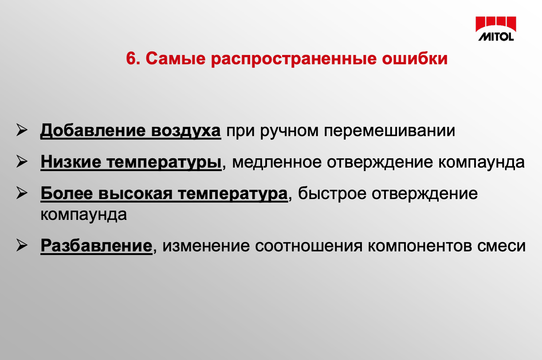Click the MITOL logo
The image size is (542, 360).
(496, 28)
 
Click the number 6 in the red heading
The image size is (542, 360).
(131, 59)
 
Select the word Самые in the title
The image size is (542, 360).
(176, 59)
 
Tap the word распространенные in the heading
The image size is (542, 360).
(294, 60)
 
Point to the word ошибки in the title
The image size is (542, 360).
(415, 59)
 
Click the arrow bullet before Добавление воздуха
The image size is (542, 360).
(22, 130)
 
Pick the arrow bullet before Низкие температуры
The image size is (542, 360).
(22, 161)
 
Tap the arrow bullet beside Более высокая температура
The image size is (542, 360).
(22, 193)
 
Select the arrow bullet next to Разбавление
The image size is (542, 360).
(22, 245)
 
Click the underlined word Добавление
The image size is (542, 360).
(93, 131)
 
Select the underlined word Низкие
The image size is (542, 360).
(71, 162)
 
